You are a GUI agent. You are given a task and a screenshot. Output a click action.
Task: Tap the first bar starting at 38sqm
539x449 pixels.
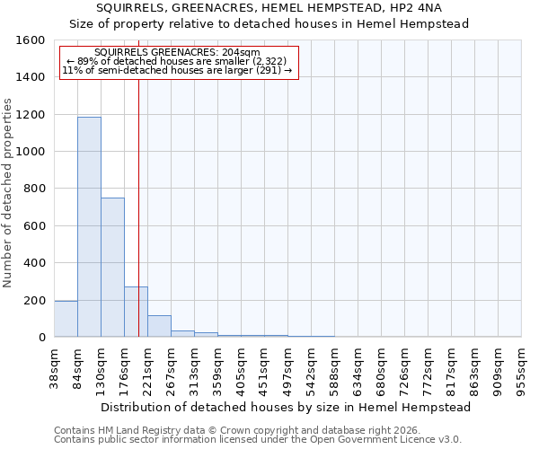pos(66,319)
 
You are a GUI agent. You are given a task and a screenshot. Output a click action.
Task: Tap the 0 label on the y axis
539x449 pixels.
pos(42,338)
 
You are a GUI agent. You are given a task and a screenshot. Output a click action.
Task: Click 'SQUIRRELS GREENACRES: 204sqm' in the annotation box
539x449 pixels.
pos(176,53)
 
